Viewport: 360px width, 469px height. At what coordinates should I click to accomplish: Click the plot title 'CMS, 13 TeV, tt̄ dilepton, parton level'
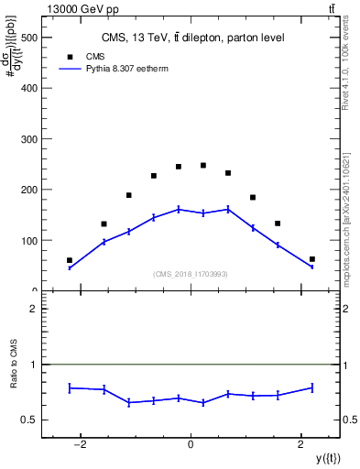tap(191, 38)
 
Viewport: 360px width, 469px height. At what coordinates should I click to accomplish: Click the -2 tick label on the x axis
tap(80, 445)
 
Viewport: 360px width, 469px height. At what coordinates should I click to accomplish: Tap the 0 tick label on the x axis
tap(191, 445)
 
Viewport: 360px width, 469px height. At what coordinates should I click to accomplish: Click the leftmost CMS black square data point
tap(70, 260)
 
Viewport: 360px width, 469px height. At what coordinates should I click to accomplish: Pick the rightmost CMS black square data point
tap(312, 259)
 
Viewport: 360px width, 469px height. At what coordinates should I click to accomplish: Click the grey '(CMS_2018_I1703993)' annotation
tap(191, 274)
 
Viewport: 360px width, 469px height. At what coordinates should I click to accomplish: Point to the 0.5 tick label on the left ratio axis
tap(28, 420)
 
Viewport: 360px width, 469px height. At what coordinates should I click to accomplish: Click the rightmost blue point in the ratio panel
tap(312, 387)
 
